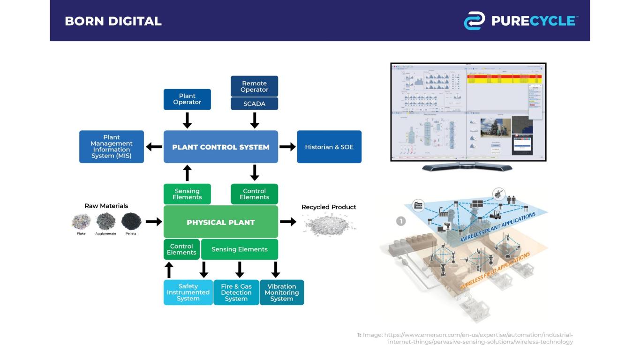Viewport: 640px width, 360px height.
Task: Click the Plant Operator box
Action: coord(187,99)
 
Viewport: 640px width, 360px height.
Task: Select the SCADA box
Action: coord(254,104)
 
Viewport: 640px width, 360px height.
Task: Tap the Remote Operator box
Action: coord(254,87)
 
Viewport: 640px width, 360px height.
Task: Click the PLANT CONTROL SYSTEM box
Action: coord(221,147)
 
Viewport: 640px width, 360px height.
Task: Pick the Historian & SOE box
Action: coord(329,147)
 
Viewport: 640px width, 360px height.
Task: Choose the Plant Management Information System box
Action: coord(112,147)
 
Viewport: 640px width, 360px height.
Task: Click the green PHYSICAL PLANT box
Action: coord(221,222)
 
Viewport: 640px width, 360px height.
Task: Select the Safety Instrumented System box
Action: coord(188,292)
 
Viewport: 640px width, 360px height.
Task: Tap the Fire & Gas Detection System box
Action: coord(236,292)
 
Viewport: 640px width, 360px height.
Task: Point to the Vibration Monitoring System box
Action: coord(282,292)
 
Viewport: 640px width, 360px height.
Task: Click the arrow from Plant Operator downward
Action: coord(187,120)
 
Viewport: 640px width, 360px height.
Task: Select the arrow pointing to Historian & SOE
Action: coord(287,147)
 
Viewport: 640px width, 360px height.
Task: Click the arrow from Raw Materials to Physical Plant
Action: coord(153,221)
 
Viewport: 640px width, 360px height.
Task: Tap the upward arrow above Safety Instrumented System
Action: coord(170,270)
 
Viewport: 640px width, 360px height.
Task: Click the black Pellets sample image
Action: coord(131,221)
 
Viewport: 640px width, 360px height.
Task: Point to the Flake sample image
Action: coord(81,221)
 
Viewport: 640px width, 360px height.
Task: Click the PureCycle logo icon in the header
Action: coord(474,21)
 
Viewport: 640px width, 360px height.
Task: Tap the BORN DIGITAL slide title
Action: coord(113,21)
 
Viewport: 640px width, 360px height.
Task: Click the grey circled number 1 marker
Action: coord(401,221)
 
